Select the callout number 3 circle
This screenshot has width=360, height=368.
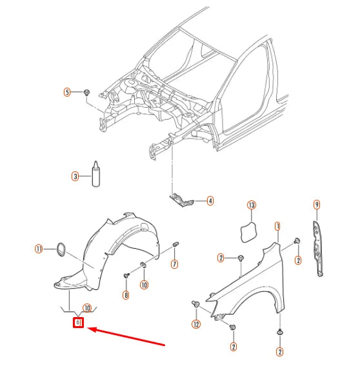[75, 176]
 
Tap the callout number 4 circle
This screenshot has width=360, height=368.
[210, 201]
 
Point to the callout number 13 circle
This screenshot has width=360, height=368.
[252, 206]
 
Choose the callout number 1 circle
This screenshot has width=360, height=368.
[277, 226]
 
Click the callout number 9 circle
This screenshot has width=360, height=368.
[317, 205]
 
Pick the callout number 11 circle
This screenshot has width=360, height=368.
[39, 248]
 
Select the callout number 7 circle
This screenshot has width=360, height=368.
[175, 265]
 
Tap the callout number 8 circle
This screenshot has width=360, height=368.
[126, 296]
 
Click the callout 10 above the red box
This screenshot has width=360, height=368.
[86, 308]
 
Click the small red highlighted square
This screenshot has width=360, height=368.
[79, 322]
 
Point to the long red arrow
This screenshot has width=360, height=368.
[129, 338]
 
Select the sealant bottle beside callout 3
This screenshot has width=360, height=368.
[95, 174]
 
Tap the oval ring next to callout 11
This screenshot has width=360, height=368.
[61, 248]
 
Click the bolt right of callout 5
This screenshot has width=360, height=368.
[86, 93]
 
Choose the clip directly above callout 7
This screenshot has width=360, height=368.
[176, 246]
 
